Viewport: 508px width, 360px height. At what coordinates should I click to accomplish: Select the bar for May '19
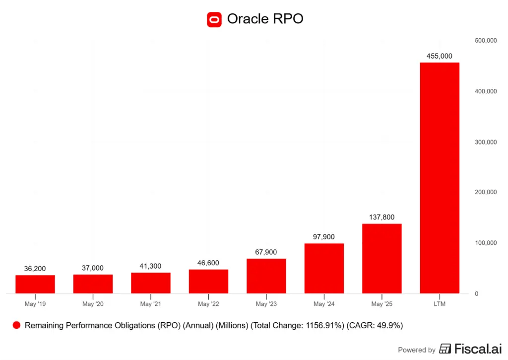pos(35,284)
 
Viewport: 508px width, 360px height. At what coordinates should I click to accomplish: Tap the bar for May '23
pos(266,276)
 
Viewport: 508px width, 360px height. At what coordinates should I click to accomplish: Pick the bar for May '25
pos(381,258)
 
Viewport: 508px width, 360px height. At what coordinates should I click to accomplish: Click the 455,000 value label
pos(440,56)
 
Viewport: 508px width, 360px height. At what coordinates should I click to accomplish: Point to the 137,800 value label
pos(381,217)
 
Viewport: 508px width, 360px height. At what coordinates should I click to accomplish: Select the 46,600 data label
pos(208,263)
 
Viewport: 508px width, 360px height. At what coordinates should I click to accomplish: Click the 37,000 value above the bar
pos(93,268)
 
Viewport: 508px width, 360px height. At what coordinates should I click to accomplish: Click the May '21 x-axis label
pos(151,303)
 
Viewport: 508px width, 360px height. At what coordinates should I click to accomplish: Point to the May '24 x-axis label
pos(324,303)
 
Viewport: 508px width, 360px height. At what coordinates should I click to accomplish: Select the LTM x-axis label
pos(440,303)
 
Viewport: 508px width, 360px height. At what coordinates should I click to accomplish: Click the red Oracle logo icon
pos(214,19)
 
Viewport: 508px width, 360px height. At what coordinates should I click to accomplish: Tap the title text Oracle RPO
pos(265,19)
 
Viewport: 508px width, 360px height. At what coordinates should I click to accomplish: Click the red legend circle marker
pos(16,326)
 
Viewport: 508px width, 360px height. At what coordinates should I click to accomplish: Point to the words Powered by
pos(417,350)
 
